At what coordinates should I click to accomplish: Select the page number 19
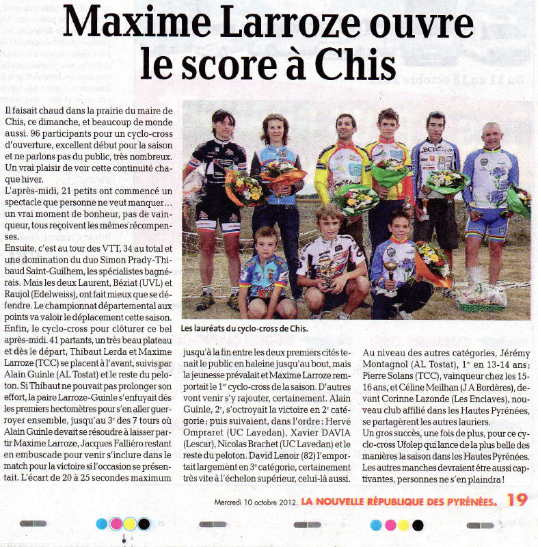click(517, 500)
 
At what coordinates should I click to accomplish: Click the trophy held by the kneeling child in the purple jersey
click(392, 269)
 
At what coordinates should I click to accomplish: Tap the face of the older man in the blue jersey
click(491, 134)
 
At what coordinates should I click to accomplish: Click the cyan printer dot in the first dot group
click(102, 524)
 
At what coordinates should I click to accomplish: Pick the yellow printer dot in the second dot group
click(404, 524)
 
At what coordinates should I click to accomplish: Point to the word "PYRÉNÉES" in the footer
click(466, 503)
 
